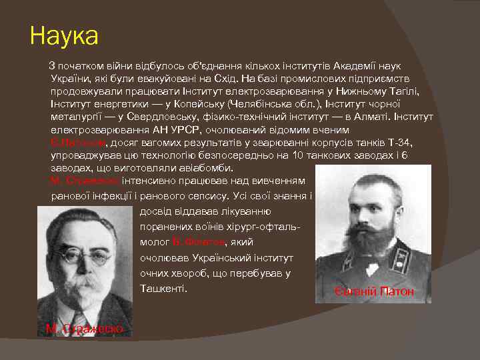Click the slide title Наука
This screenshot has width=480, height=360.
pyautogui.click(x=64, y=36)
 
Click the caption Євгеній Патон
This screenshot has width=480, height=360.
pyautogui.click(x=374, y=291)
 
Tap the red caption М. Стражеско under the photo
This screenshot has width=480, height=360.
pyautogui.click(x=84, y=328)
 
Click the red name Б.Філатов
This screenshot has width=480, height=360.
pyautogui.click(x=199, y=241)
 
